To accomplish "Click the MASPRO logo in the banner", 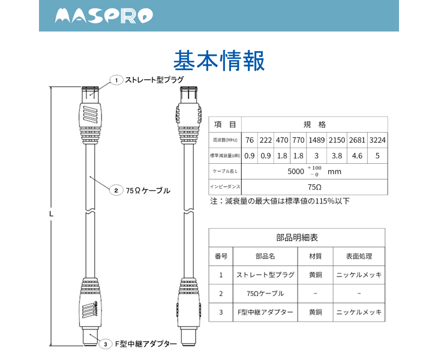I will click(103, 16).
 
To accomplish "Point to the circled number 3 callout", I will click(105, 344).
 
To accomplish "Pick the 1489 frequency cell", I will click(316, 140).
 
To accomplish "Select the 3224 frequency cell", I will click(377, 140).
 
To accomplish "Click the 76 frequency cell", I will click(250, 140).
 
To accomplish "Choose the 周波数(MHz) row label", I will click(225, 140).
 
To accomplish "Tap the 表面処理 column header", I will click(358, 256).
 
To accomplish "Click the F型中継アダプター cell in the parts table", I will click(265, 312).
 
